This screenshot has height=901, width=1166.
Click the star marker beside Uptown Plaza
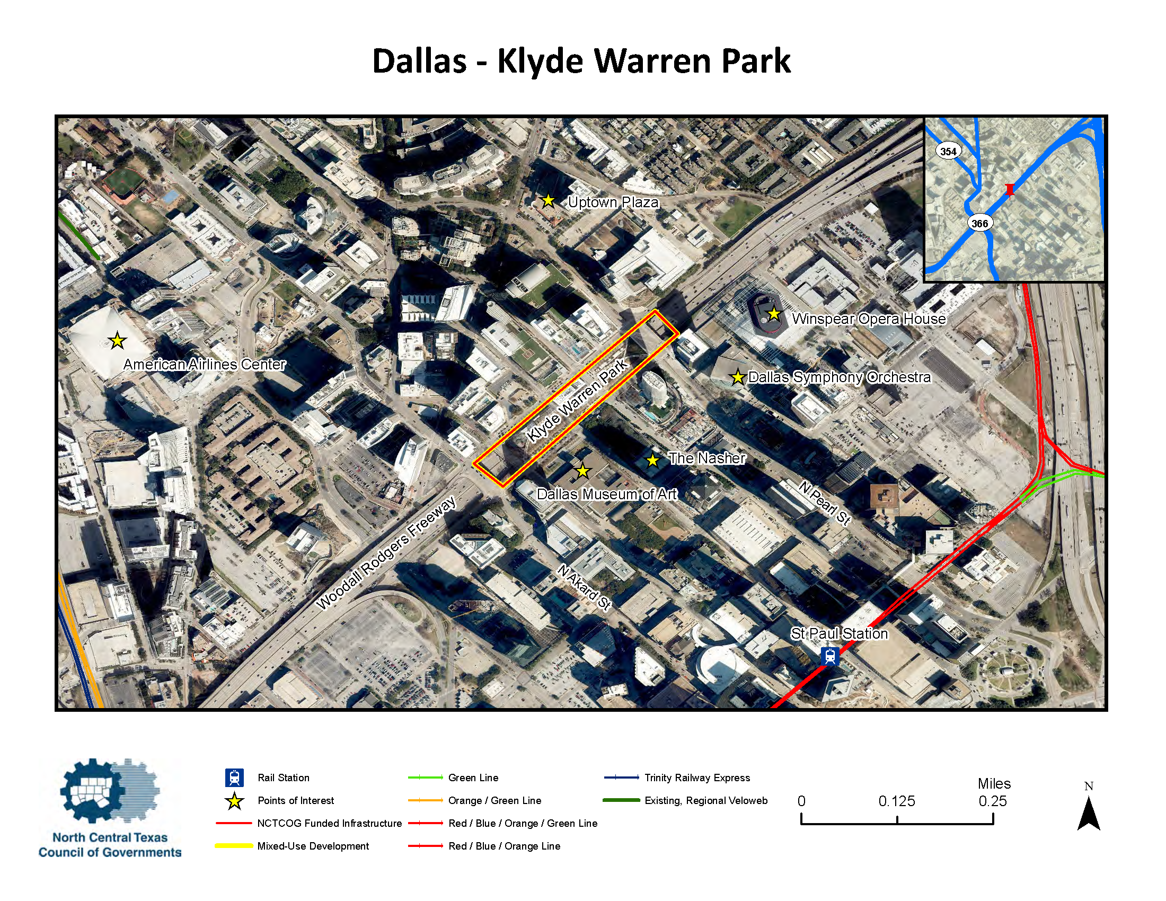point(548,201)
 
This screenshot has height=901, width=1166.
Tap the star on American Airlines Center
point(117,340)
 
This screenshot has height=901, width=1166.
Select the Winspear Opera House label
point(869,319)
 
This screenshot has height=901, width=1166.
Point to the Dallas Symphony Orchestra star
point(737,377)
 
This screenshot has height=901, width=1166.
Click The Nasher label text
point(707,458)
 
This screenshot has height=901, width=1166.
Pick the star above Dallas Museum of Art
point(582,471)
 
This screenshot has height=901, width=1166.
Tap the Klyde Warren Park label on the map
point(577,400)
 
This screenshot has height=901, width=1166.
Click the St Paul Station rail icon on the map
point(829,656)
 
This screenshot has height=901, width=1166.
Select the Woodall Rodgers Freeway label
point(386,552)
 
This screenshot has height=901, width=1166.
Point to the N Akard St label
point(585,587)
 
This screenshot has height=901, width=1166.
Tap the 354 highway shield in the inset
point(948,151)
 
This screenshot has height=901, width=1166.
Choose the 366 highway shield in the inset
point(979,223)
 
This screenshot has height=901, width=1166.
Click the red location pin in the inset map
point(1010,190)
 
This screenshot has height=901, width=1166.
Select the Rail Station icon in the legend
point(234,778)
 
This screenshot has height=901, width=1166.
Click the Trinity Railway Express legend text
point(697,778)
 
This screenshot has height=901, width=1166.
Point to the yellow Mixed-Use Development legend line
point(234,845)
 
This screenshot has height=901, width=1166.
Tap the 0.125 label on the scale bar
point(896,801)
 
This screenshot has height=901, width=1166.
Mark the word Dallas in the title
point(419,61)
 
